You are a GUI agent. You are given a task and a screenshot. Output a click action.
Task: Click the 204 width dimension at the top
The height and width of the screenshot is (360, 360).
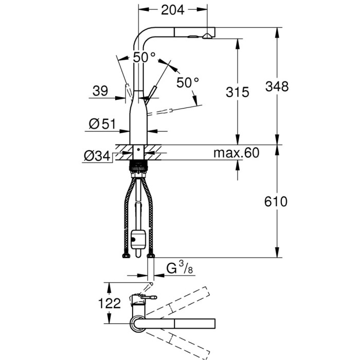coord(173,10)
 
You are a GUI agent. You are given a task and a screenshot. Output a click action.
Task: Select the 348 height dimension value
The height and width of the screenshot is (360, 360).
coord(277,86)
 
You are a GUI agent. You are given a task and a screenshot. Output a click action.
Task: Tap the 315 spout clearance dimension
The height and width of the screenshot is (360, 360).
coord(238,92)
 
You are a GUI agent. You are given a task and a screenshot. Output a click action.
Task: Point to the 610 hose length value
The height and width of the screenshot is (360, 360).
coord(276,202)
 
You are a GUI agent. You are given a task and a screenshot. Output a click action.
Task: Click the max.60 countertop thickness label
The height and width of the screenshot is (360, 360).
coord(236,153)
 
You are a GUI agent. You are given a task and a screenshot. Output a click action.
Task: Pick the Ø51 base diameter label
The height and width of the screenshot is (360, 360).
coord(102,124)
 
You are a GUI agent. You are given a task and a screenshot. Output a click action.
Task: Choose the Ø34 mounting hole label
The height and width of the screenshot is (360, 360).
coord(97,156)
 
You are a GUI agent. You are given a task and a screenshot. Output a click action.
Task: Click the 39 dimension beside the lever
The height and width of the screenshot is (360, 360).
coord(100,91)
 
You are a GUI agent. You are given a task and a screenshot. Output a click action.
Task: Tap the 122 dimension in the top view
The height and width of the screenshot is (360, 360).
coord(109,303)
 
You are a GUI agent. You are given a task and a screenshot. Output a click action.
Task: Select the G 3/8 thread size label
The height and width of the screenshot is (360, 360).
coord(179,268)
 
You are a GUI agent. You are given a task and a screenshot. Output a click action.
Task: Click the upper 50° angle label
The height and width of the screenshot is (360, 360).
coord(145,58)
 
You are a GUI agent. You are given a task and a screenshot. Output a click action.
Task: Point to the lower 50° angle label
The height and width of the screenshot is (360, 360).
coord(188,83)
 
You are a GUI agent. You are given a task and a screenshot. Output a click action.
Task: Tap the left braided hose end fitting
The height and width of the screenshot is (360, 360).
coord(126,256)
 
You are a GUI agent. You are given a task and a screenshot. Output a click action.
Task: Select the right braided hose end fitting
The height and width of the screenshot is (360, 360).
coord(151,256)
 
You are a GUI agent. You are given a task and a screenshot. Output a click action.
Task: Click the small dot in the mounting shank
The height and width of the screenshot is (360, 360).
coord(138,150)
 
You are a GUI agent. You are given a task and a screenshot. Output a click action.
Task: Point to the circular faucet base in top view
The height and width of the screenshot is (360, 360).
coord(138,324)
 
